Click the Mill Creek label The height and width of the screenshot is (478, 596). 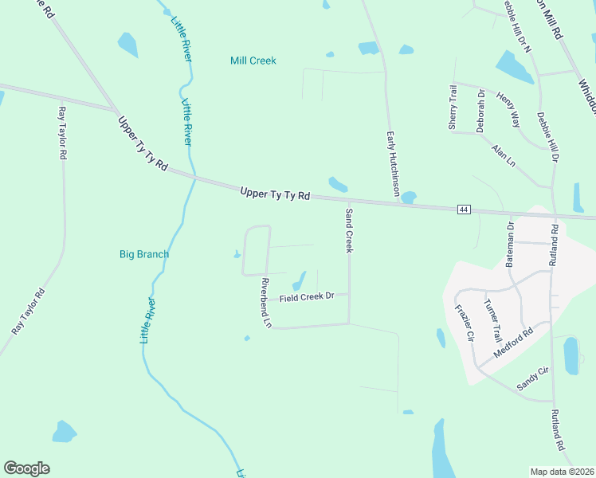pyautogui.click(x=253, y=61)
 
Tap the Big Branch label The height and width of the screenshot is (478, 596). pyautogui.click(x=143, y=254)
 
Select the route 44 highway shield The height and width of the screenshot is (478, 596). pyautogui.click(x=464, y=210)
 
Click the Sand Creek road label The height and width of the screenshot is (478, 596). pyautogui.click(x=348, y=230)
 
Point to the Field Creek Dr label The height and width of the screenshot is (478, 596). pyautogui.click(x=307, y=297)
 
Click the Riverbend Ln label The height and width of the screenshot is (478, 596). pyautogui.click(x=266, y=303)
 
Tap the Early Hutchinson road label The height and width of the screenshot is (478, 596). pyautogui.click(x=392, y=164)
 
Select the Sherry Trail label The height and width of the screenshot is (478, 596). pyautogui.click(x=452, y=108)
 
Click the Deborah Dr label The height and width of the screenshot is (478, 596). pyautogui.click(x=480, y=110)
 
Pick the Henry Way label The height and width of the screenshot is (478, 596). pyautogui.click(x=508, y=110)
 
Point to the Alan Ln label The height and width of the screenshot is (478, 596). pyautogui.click(x=504, y=155)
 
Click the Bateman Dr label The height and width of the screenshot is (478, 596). pyautogui.click(x=512, y=243)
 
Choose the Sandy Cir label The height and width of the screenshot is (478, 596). pyautogui.click(x=533, y=378)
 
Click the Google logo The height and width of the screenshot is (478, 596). pyautogui.click(x=26, y=468)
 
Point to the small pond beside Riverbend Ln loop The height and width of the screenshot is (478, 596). pyautogui.click(x=236, y=255)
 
